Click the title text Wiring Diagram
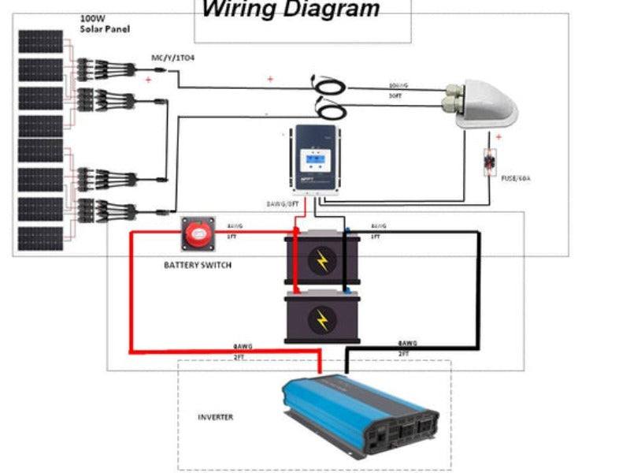[291, 9]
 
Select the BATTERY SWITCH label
[198, 265]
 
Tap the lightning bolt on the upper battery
[321, 260]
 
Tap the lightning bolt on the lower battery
[321, 320]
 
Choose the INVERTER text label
[215, 417]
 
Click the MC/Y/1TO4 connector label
[173, 58]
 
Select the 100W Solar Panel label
[105, 23]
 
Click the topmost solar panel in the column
[40, 42]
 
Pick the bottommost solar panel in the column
[40, 239]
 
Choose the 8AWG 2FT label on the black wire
[407, 348]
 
